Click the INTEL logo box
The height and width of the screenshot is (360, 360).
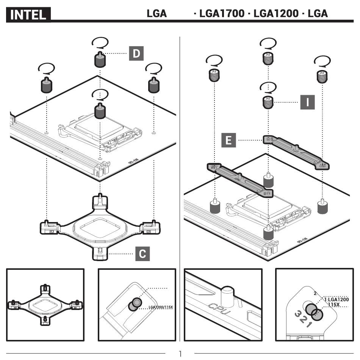click(28, 15)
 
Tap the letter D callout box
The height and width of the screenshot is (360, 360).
click(136, 54)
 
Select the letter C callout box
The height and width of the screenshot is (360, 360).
click(142, 254)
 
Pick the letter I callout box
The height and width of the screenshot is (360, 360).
click(307, 102)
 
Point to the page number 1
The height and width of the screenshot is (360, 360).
click(180, 353)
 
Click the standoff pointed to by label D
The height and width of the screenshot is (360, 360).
click(99, 59)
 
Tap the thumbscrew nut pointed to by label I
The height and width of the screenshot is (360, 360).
click(268, 102)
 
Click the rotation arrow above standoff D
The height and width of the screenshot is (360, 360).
click(100, 42)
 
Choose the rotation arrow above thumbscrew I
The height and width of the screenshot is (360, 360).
click(268, 87)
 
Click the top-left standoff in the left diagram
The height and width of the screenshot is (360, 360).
click(46, 86)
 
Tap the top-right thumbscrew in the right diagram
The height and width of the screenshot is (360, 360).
click(322, 76)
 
